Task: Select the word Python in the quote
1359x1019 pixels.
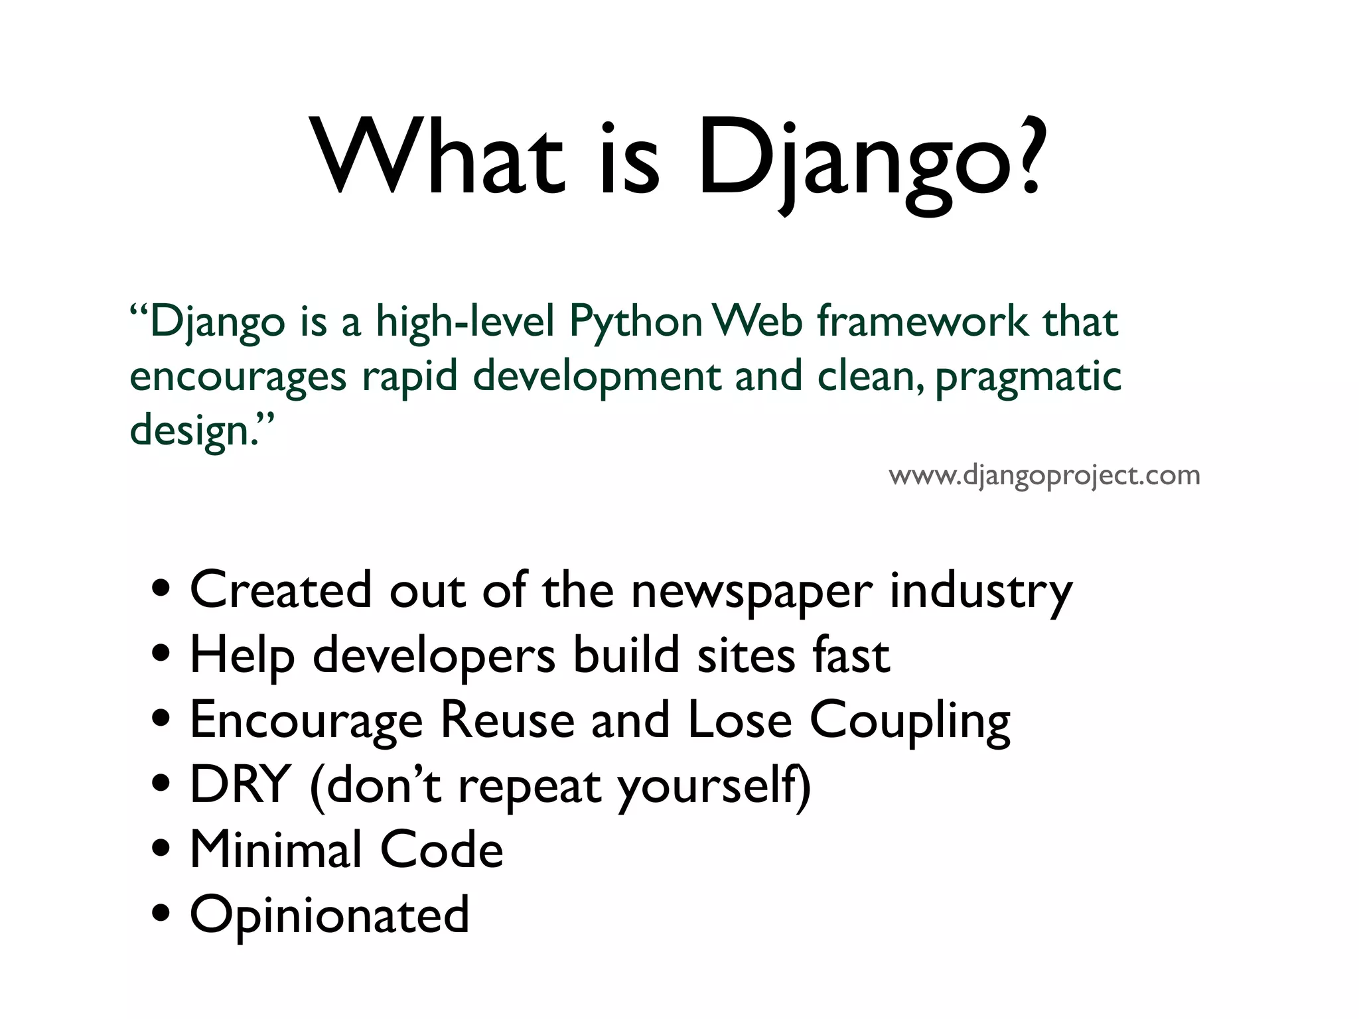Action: (x=636, y=322)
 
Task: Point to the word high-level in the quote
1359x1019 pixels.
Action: (x=465, y=322)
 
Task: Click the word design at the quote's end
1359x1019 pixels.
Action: (x=190, y=431)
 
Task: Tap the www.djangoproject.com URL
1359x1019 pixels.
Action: (x=1044, y=476)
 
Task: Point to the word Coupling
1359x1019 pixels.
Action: (x=910, y=722)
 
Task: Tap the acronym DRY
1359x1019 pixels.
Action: (x=240, y=785)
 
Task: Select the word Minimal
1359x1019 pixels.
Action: (x=276, y=850)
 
